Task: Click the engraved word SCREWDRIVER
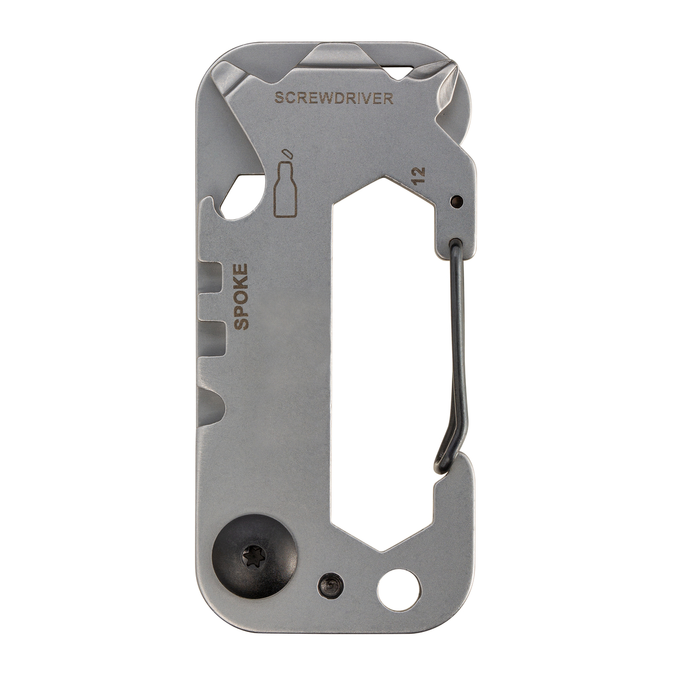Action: [333, 99]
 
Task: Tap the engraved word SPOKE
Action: [241, 297]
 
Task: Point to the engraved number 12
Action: [419, 175]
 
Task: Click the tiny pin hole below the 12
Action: [457, 201]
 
